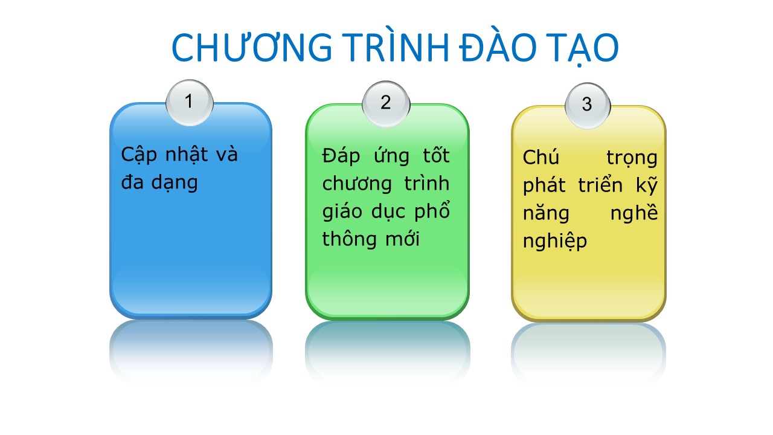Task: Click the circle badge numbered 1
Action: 190,103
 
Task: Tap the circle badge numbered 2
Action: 386,104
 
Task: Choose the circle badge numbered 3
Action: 588,106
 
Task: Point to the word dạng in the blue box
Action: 175,182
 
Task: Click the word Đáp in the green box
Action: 341,156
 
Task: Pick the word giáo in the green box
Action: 342,211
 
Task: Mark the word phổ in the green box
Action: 432,210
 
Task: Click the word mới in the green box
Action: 402,238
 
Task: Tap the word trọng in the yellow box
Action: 632,159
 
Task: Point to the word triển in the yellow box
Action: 600,184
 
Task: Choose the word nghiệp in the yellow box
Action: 555,240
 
